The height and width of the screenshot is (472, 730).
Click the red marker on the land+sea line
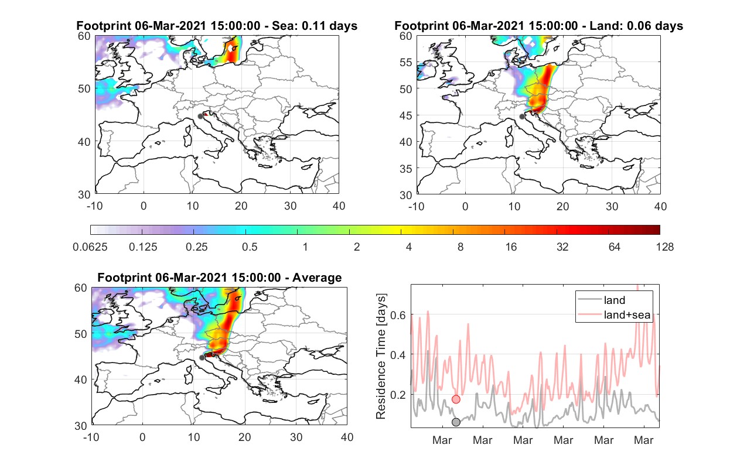coord(456,399)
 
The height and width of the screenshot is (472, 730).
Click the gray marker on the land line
coord(456,422)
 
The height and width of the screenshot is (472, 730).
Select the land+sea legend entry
coord(614,314)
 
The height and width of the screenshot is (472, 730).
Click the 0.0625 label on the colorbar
coord(90,247)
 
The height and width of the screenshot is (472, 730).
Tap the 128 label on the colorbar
coord(665,247)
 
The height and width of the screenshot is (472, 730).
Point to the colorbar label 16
coord(511,247)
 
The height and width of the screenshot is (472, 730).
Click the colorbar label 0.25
coord(196,247)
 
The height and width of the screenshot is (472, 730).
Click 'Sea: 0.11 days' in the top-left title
coord(315,26)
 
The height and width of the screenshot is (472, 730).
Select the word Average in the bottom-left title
coord(317,278)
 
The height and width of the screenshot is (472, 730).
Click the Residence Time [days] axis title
coord(381,357)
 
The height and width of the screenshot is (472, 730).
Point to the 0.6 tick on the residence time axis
coord(398,315)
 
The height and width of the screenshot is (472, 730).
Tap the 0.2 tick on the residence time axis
coord(398,395)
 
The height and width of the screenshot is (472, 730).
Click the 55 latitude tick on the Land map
coord(406,62)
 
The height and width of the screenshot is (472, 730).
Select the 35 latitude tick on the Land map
coord(406,169)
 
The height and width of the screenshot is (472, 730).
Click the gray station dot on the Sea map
coord(200,117)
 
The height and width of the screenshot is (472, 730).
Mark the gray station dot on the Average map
coord(202,358)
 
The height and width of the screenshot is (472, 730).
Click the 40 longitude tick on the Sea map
coord(339,206)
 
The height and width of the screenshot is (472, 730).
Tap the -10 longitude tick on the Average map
coord(91,437)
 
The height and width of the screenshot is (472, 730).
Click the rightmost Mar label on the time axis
coord(643,440)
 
